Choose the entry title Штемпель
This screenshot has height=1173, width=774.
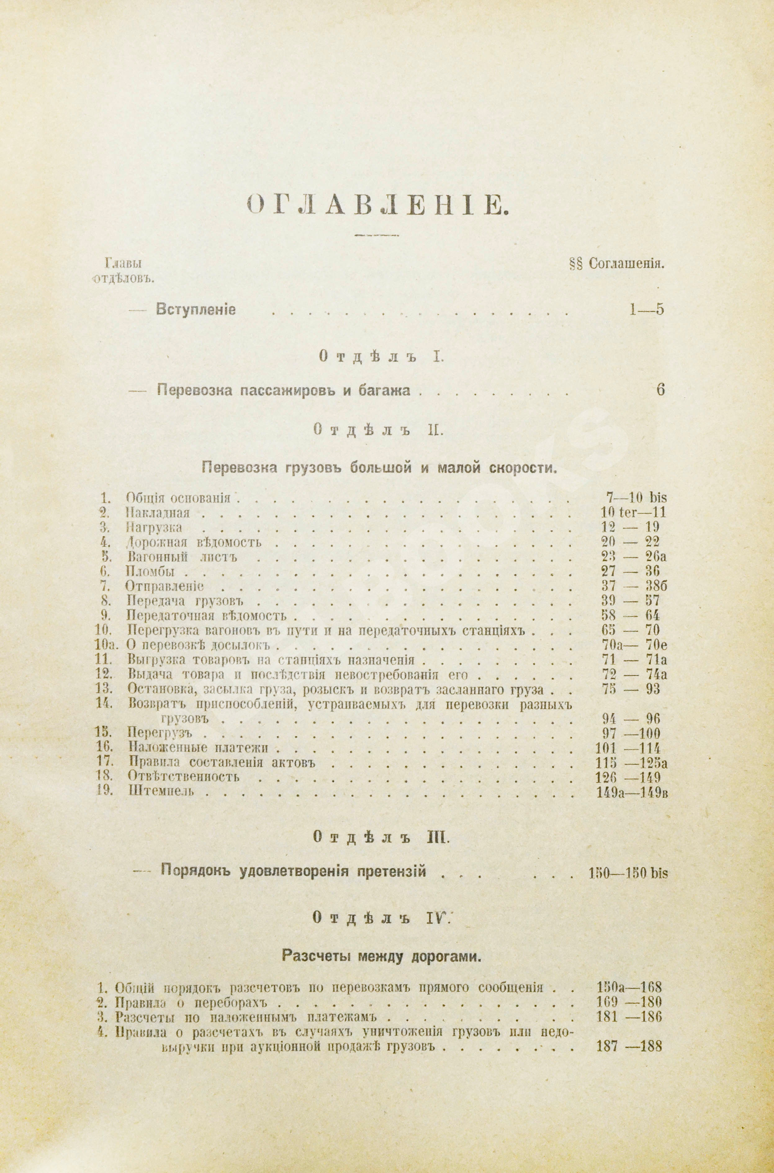(x=160, y=791)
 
